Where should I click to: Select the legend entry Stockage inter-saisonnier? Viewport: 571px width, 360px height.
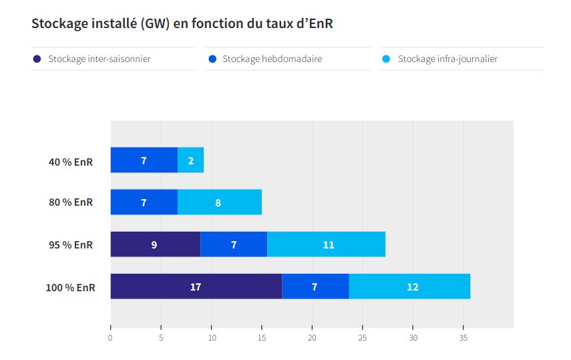point(99,59)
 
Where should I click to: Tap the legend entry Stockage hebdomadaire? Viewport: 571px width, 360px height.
point(272,59)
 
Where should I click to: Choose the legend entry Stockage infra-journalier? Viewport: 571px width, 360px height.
point(447,59)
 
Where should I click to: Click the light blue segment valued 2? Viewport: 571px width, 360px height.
point(191,160)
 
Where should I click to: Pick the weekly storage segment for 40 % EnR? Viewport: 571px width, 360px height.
point(144,160)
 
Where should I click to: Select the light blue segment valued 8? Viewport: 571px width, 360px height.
point(219,202)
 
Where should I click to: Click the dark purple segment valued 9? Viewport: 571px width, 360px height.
point(155,244)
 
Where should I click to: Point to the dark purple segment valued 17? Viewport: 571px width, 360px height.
point(196,287)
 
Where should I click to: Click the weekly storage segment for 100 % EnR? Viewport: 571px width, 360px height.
point(315,287)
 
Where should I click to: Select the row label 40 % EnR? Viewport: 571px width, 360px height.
point(71,161)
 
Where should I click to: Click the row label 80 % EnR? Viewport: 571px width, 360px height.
point(71,202)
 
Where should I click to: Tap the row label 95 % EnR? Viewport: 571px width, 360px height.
point(71,244)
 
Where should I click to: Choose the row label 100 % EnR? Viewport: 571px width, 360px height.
point(70,287)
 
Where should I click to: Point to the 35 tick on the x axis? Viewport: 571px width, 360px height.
point(463,337)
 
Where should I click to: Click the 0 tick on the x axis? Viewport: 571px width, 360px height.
point(110,337)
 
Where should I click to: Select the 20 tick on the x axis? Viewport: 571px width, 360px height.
point(312,337)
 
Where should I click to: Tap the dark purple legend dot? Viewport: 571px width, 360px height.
point(37,59)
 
